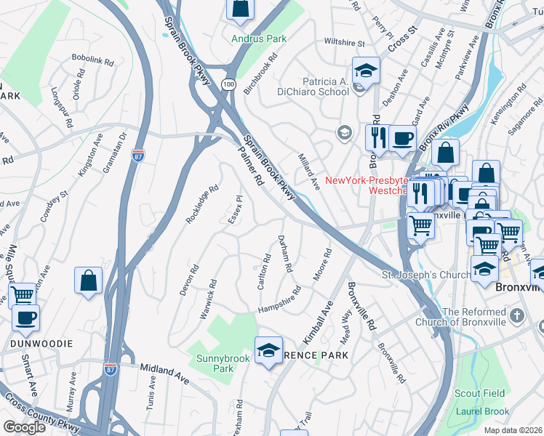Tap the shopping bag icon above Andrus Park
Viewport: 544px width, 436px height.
coord(240,9)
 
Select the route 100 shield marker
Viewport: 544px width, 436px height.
coord(228,85)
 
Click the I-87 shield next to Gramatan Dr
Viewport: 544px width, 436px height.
coord(138,155)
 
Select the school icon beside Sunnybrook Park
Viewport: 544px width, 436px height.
coord(268,351)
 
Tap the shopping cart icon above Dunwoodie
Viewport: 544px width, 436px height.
coord(23,295)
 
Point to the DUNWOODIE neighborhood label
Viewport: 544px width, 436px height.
coord(41,343)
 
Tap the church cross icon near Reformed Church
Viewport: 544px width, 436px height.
coord(516,316)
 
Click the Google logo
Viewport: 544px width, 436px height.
coord(24,427)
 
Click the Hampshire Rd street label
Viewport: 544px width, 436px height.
coord(280,304)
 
